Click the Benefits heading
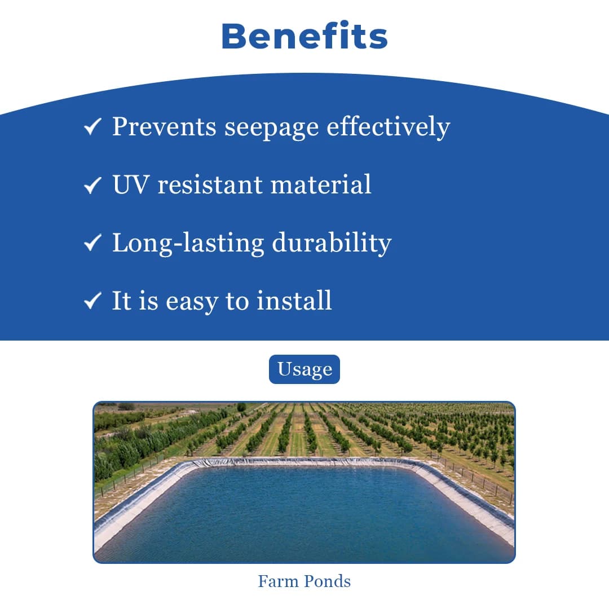304,37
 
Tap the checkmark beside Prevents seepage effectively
92,127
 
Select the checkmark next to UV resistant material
92,186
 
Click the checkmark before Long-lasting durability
92,244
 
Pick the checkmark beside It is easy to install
92,302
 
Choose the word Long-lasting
188,244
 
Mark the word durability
332,244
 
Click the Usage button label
304,369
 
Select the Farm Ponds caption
304,581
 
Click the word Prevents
164,127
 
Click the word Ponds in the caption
327,581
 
